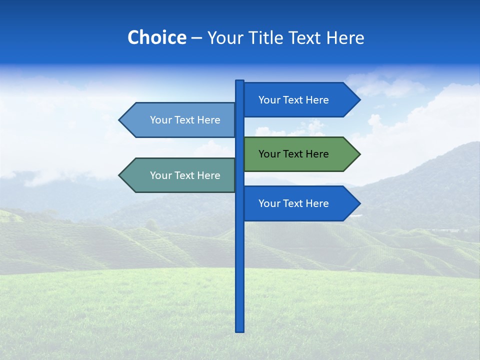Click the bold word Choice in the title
click(x=156, y=37)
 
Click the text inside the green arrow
click(x=293, y=154)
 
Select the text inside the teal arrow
click(x=185, y=175)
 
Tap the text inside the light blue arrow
click(x=185, y=120)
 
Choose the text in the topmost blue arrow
click(x=293, y=100)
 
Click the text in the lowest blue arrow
click(x=293, y=203)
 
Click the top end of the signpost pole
click(x=240, y=81)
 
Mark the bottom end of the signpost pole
click(x=240, y=330)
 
